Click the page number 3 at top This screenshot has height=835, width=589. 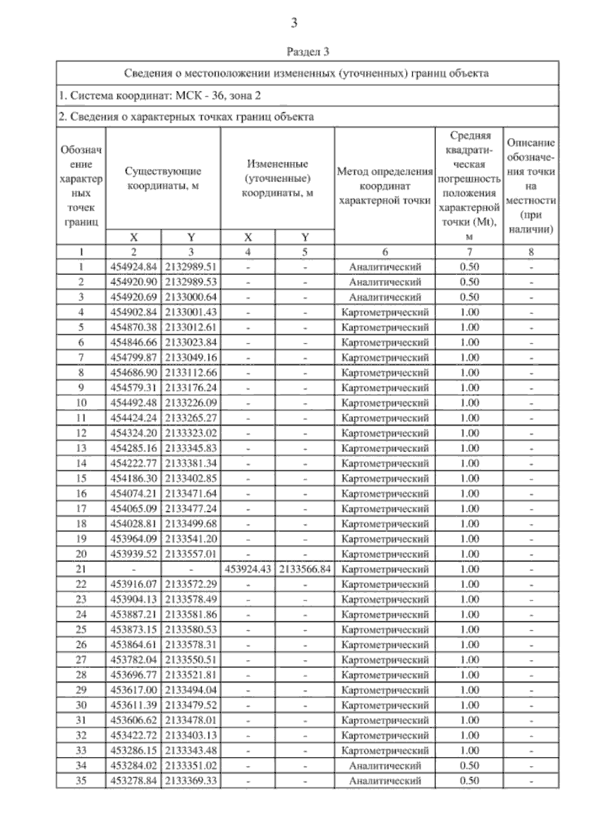click(294, 23)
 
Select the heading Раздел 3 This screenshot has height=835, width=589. click(307, 52)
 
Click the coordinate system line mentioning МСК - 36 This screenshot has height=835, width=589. click(160, 95)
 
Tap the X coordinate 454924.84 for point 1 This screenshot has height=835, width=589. click(134, 267)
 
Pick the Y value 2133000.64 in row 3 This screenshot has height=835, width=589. click(191, 297)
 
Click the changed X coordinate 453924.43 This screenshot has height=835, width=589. click(248, 569)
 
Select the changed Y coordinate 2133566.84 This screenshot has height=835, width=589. click(305, 569)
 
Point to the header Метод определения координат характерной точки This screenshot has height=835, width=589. click(385, 186)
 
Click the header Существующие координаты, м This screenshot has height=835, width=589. click(163, 179)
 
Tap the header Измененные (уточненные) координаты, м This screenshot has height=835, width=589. click(277, 178)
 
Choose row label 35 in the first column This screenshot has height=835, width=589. click(81, 780)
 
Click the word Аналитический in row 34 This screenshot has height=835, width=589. click(385, 766)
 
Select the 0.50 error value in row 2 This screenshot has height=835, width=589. click(469, 282)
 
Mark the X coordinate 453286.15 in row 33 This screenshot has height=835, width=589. click(134, 751)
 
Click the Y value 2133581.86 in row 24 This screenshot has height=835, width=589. click(191, 614)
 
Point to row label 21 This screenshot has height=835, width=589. click(81, 569)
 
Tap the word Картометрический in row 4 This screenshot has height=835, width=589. click(385, 312)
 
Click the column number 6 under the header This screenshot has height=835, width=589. click(385, 252)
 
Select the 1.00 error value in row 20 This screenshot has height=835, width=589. click(469, 554)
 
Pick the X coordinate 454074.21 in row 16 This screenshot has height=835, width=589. click(134, 494)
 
